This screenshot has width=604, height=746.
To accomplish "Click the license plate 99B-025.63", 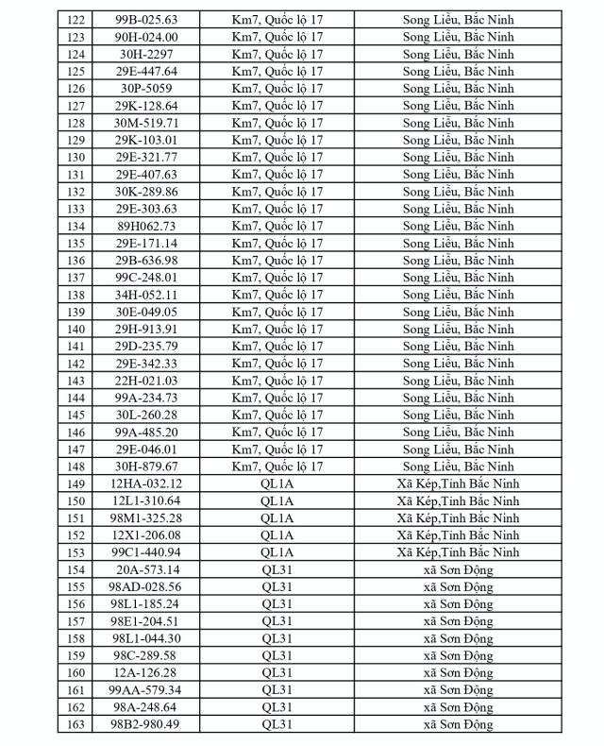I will pyautogui.click(x=146, y=19).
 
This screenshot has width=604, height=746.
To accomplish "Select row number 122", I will pyautogui.click(x=76, y=19).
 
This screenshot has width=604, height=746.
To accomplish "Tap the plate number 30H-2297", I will pyautogui.click(x=146, y=54).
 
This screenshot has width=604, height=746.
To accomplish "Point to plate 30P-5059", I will pyautogui.click(x=146, y=88).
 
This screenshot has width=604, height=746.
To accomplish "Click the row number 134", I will pyautogui.click(x=76, y=226).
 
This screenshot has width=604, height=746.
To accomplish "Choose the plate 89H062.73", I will pyautogui.click(x=146, y=226).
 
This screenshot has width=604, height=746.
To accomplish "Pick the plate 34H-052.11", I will pyautogui.click(x=146, y=295).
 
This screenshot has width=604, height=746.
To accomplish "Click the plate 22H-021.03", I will pyautogui.click(x=146, y=381).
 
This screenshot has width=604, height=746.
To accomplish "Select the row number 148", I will pyautogui.click(x=76, y=466).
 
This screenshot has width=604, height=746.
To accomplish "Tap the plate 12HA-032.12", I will pyautogui.click(x=146, y=483).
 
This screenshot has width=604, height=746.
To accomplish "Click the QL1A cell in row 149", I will pyautogui.click(x=277, y=483).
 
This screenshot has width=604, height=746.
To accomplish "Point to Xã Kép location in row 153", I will pyautogui.click(x=459, y=552).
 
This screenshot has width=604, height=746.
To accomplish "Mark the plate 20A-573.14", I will pyautogui.click(x=146, y=569).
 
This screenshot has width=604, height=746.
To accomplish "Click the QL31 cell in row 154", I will pyautogui.click(x=277, y=569).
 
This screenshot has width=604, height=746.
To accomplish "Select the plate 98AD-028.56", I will pyautogui.click(x=146, y=586).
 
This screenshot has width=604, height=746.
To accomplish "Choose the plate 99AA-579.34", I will pyautogui.click(x=146, y=690).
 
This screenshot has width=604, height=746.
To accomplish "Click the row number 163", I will pyautogui.click(x=76, y=724).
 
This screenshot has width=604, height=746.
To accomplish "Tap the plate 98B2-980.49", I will pyautogui.click(x=146, y=724).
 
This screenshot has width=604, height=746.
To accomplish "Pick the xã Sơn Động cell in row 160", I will pyautogui.click(x=459, y=672).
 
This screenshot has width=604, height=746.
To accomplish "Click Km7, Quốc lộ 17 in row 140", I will pyautogui.click(x=277, y=329).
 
